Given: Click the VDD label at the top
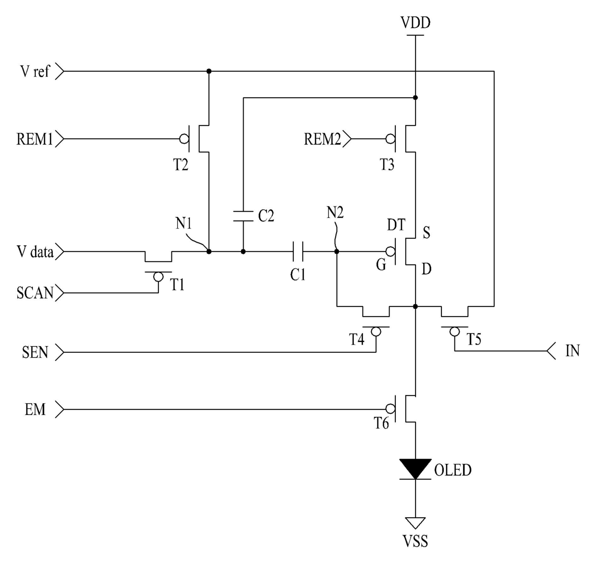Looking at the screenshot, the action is (415, 23).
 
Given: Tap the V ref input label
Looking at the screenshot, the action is (34, 71).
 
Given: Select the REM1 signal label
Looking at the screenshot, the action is (34, 139).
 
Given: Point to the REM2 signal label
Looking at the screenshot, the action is (322, 139).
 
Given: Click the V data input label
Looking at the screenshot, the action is (35, 252).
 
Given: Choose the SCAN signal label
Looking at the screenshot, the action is (35, 293).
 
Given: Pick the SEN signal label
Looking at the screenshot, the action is (35, 352).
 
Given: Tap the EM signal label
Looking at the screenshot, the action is (35, 409).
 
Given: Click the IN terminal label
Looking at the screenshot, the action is (572, 351).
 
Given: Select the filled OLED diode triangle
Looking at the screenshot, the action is (415, 469).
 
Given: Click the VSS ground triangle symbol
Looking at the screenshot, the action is (415, 523).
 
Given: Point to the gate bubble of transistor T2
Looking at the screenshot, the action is (184, 139).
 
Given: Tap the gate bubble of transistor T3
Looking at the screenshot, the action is (390, 139).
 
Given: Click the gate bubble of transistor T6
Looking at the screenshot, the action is (390, 409).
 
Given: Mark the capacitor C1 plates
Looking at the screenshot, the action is (298, 252).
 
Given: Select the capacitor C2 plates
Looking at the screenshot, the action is (243, 216).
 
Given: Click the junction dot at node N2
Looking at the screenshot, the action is (337, 252).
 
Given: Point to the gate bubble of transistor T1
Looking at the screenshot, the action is (158, 277).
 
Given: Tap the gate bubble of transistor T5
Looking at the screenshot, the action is (454, 332).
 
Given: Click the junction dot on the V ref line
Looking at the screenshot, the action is (209, 71).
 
